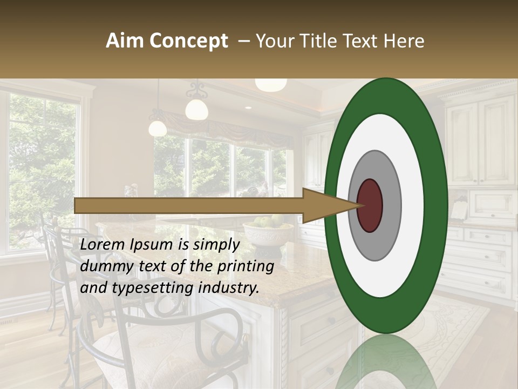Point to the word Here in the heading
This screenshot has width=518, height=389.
tap(405, 41)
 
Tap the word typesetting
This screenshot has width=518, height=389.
tap(149, 289)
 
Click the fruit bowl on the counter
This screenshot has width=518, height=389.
tap(268, 230)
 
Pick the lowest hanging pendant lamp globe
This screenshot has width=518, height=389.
tap(158, 128)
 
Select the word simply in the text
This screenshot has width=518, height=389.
tap(216, 245)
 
